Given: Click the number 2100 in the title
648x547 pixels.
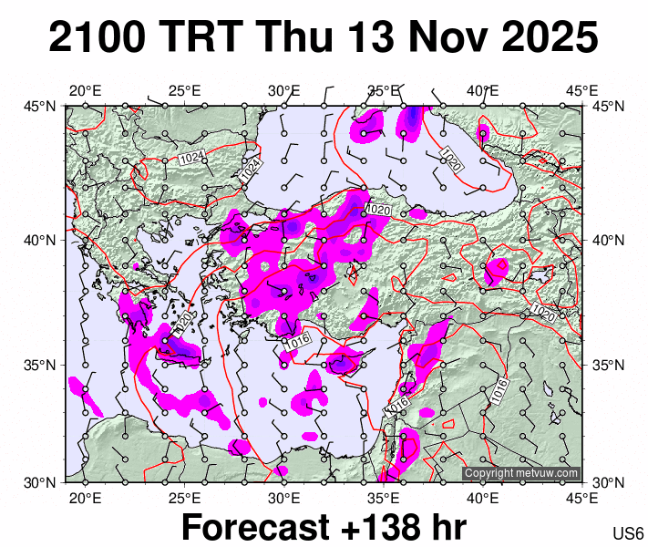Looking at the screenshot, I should (x=98, y=38).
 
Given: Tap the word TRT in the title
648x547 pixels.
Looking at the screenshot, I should (x=201, y=38).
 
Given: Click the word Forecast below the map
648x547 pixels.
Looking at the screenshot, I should (x=254, y=528).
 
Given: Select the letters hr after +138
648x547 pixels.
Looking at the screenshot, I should (x=447, y=528).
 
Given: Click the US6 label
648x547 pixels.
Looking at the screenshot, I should (x=629, y=534).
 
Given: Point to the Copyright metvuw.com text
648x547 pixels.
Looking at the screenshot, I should (x=521, y=473).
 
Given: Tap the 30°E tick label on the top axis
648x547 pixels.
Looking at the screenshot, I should (x=284, y=90).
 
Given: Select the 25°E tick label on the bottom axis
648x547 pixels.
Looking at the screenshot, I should (x=184, y=498).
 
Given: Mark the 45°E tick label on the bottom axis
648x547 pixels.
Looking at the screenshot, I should (x=581, y=498).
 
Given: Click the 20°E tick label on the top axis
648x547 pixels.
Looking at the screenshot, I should (x=85, y=90).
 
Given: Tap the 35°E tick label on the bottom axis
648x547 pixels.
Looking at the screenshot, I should (x=384, y=498).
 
